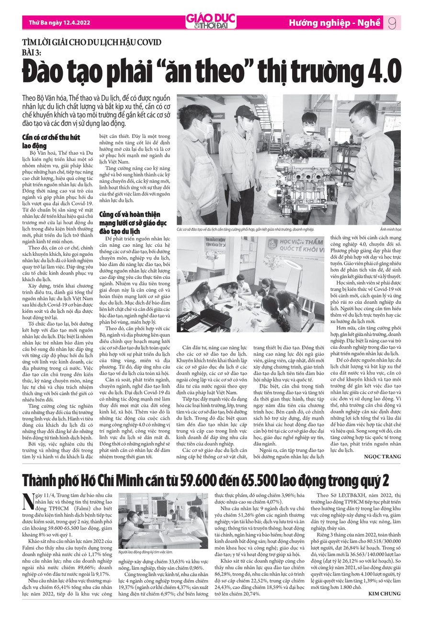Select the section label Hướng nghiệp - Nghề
click(334, 23)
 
